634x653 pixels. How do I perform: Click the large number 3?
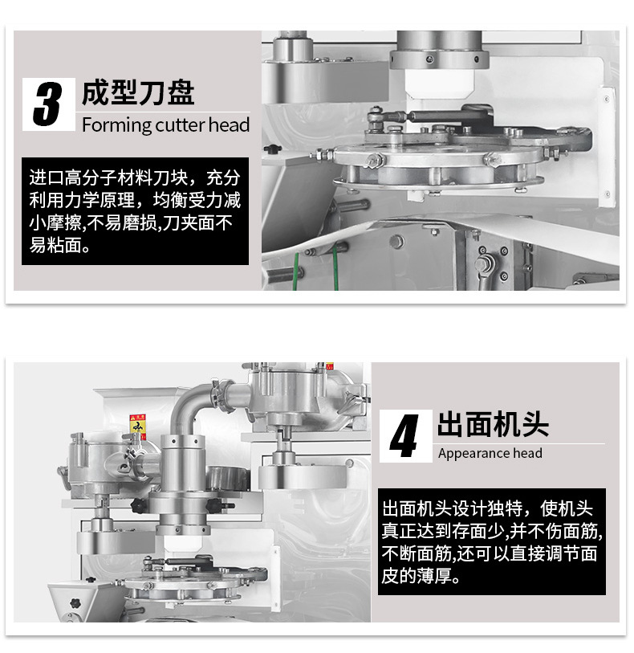pyautogui.click(x=47, y=104)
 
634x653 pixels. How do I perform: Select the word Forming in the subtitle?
pyautogui.click(x=116, y=125)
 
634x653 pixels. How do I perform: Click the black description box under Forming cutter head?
pyautogui.click(x=135, y=210)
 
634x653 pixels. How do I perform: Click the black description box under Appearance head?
pyautogui.click(x=492, y=542)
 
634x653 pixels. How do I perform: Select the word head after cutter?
pyautogui.click(x=230, y=125)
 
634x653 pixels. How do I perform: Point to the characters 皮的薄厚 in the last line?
pyautogui.click(x=421, y=577)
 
